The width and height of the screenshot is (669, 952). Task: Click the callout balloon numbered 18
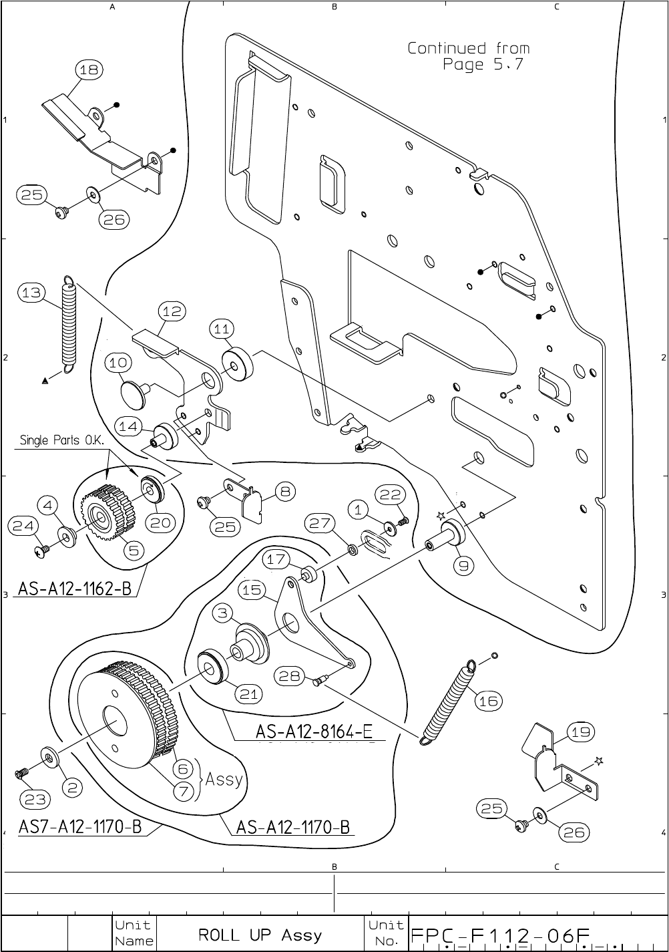(89, 69)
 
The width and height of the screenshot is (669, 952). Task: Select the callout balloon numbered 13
(31, 293)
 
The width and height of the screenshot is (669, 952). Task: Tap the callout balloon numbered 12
(172, 311)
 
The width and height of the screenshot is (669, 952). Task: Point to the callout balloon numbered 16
(488, 701)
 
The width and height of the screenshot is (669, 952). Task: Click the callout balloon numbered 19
(581, 732)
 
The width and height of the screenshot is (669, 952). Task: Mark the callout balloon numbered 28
(290, 676)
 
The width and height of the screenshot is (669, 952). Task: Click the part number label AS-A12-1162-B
(74, 589)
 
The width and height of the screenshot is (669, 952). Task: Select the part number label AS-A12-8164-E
(313, 732)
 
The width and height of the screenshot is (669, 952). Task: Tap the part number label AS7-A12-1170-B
(80, 827)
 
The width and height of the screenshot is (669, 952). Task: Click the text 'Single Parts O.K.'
(63, 440)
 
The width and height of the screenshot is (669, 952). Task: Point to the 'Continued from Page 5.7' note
(469, 56)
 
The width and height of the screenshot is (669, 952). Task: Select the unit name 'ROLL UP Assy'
(260, 935)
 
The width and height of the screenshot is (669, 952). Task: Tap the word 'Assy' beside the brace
(224, 779)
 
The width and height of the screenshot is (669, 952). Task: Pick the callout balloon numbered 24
(23, 526)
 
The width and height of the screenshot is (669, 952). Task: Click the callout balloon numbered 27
(320, 523)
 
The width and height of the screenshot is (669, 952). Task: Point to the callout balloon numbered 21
(248, 694)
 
